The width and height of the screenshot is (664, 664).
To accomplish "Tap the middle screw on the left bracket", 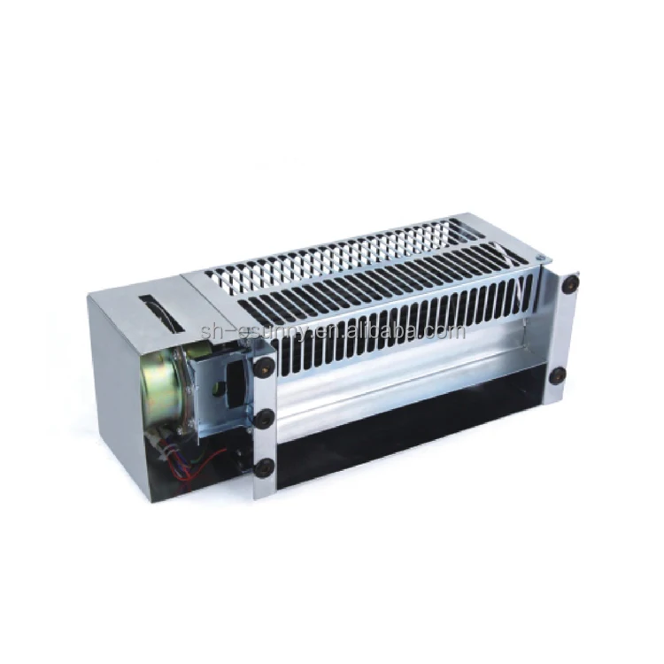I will coord(263,418).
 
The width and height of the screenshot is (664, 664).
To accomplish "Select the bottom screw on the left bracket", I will coord(263,466).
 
